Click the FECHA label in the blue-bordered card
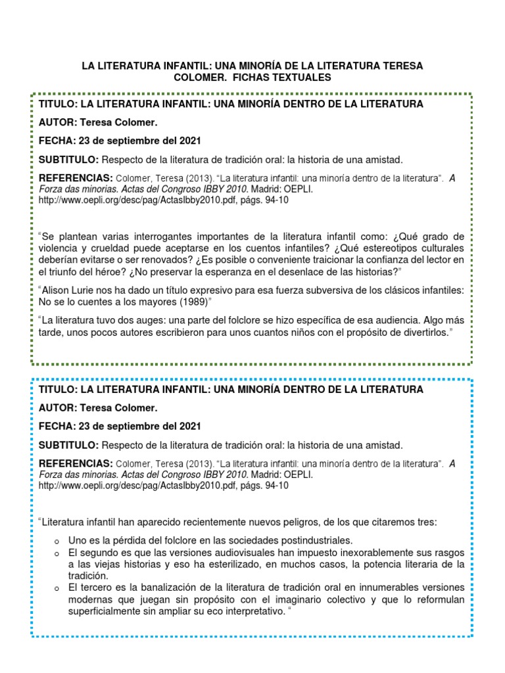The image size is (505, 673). coord(57,426)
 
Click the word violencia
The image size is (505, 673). coord(59,248)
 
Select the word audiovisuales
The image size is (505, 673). coord(249,552)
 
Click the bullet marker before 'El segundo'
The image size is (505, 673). coord(58,553)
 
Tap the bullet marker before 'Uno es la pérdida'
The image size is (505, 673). coord(58,540)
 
